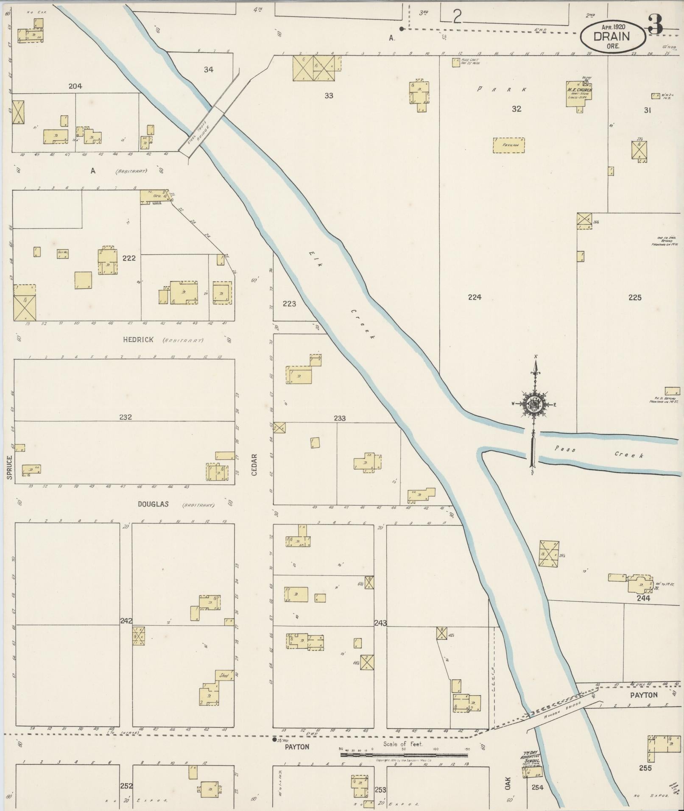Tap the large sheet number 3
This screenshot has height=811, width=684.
pyautogui.click(x=656, y=25)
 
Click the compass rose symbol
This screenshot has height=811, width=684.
pyautogui.click(x=533, y=405)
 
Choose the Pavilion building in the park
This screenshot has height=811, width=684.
pyautogui.click(x=508, y=145)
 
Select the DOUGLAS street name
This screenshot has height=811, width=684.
pyautogui.click(x=153, y=504)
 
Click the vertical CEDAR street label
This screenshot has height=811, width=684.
pyautogui.click(x=254, y=465)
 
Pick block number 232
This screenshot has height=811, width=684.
pyautogui.click(x=125, y=417)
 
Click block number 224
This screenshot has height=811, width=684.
pyautogui.click(x=475, y=297)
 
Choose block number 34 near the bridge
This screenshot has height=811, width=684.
pyautogui.click(x=208, y=70)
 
